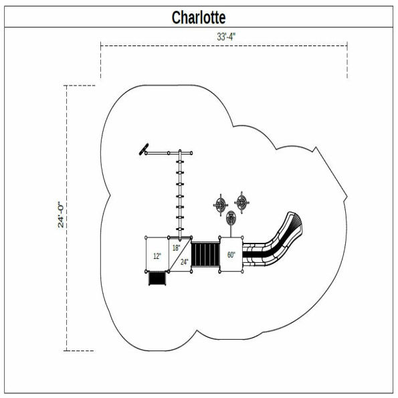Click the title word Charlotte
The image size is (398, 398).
point(199,17)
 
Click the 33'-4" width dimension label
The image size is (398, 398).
point(225,37)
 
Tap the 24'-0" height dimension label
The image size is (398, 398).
point(60,215)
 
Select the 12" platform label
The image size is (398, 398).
point(157,256)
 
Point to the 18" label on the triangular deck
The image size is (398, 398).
point(176,247)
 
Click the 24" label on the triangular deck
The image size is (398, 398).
point(184,262)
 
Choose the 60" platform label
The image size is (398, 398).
point(231,255)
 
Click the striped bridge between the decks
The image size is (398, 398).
point(205,254)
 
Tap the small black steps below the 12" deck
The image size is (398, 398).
point(157,278)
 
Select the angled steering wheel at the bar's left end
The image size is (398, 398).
point(143,150)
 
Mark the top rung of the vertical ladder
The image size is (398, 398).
point(179,163)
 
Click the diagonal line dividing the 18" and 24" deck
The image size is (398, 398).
point(179,255)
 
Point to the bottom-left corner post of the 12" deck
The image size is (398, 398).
point(147,272)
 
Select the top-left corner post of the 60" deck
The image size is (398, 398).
point(220,238)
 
